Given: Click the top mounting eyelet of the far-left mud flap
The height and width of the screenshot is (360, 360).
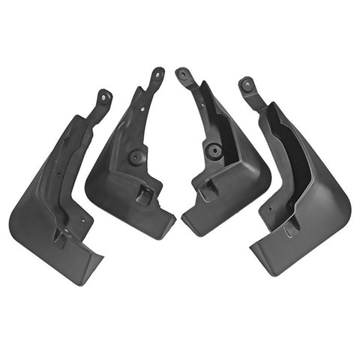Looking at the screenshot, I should pos(104,96).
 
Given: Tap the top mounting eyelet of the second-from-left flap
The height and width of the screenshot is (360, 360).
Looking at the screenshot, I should pos(157,73).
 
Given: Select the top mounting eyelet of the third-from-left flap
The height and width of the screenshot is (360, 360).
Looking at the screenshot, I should pos(183,73).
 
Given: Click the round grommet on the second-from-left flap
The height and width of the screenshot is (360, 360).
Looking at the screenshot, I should pos(136,158).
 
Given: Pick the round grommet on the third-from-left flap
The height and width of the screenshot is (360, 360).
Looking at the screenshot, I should pos(214,150).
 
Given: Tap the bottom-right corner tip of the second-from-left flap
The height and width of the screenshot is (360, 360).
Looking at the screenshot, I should pos(175,220).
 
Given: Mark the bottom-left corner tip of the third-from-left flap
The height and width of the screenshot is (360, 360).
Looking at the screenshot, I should pos(183,224).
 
